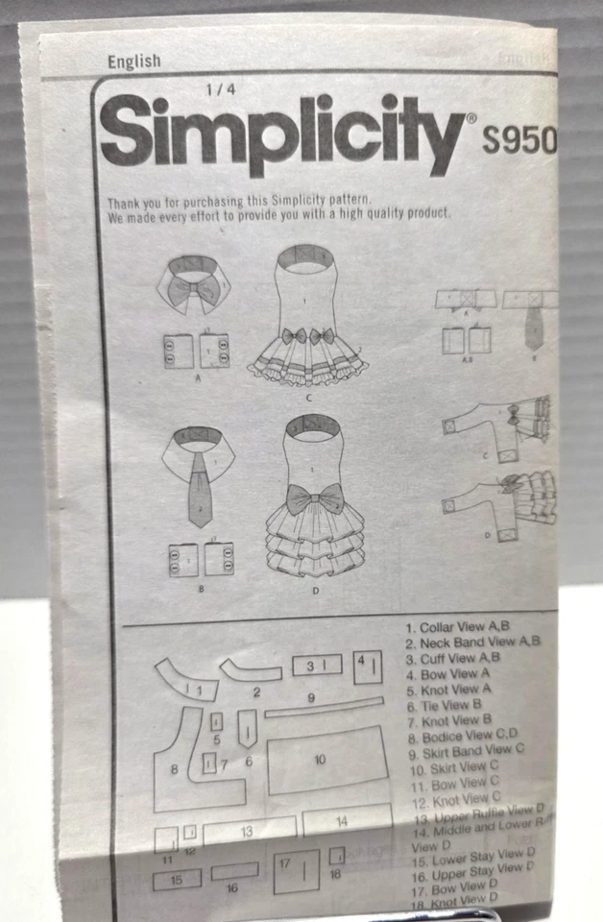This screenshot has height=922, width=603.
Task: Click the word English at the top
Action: [x=134, y=61]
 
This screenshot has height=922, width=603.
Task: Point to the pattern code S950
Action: [x=519, y=141]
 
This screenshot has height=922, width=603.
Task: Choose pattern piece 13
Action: [x=248, y=830]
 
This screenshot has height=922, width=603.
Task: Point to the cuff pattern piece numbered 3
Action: [x=317, y=666]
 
